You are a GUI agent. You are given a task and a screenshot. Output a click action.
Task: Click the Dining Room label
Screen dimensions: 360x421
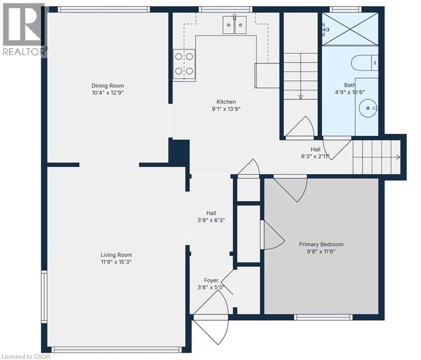[x=107, y=86]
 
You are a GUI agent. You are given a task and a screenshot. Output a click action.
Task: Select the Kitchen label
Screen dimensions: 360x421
[x=226, y=102]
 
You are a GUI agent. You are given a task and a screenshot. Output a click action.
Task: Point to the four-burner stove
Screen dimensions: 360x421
[x=184, y=64]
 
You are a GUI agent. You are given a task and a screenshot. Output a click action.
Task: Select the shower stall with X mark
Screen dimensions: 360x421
[x=350, y=29]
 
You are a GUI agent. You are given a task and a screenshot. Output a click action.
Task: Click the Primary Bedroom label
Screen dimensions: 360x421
[x=321, y=244]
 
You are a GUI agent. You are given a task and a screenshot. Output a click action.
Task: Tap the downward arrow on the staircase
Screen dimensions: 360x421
[x=301, y=96]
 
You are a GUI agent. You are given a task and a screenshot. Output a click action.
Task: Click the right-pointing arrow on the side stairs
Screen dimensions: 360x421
[x=398, y=157]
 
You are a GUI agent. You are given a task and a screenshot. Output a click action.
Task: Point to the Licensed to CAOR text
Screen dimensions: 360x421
[x=25, y=356]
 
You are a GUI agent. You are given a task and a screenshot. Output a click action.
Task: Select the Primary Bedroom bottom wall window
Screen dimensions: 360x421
[x=323, y=317]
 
